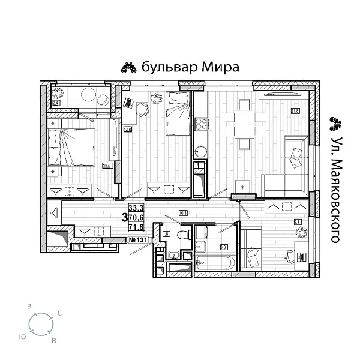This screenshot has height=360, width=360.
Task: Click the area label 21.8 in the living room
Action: click(x=295, y=110)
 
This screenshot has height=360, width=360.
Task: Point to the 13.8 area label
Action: click(x=127, y=128)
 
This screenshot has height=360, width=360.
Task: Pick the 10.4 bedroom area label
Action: click(x=107, y=166)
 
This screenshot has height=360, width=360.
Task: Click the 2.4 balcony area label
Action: click(x=56, y=103)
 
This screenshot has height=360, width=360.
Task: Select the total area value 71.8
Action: click(x=137, y=228)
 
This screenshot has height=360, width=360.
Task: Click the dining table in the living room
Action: click(x=243, y=123)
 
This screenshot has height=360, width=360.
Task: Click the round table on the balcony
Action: click(x=87, y=95)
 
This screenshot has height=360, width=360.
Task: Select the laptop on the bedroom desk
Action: click(x=128, y=103)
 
